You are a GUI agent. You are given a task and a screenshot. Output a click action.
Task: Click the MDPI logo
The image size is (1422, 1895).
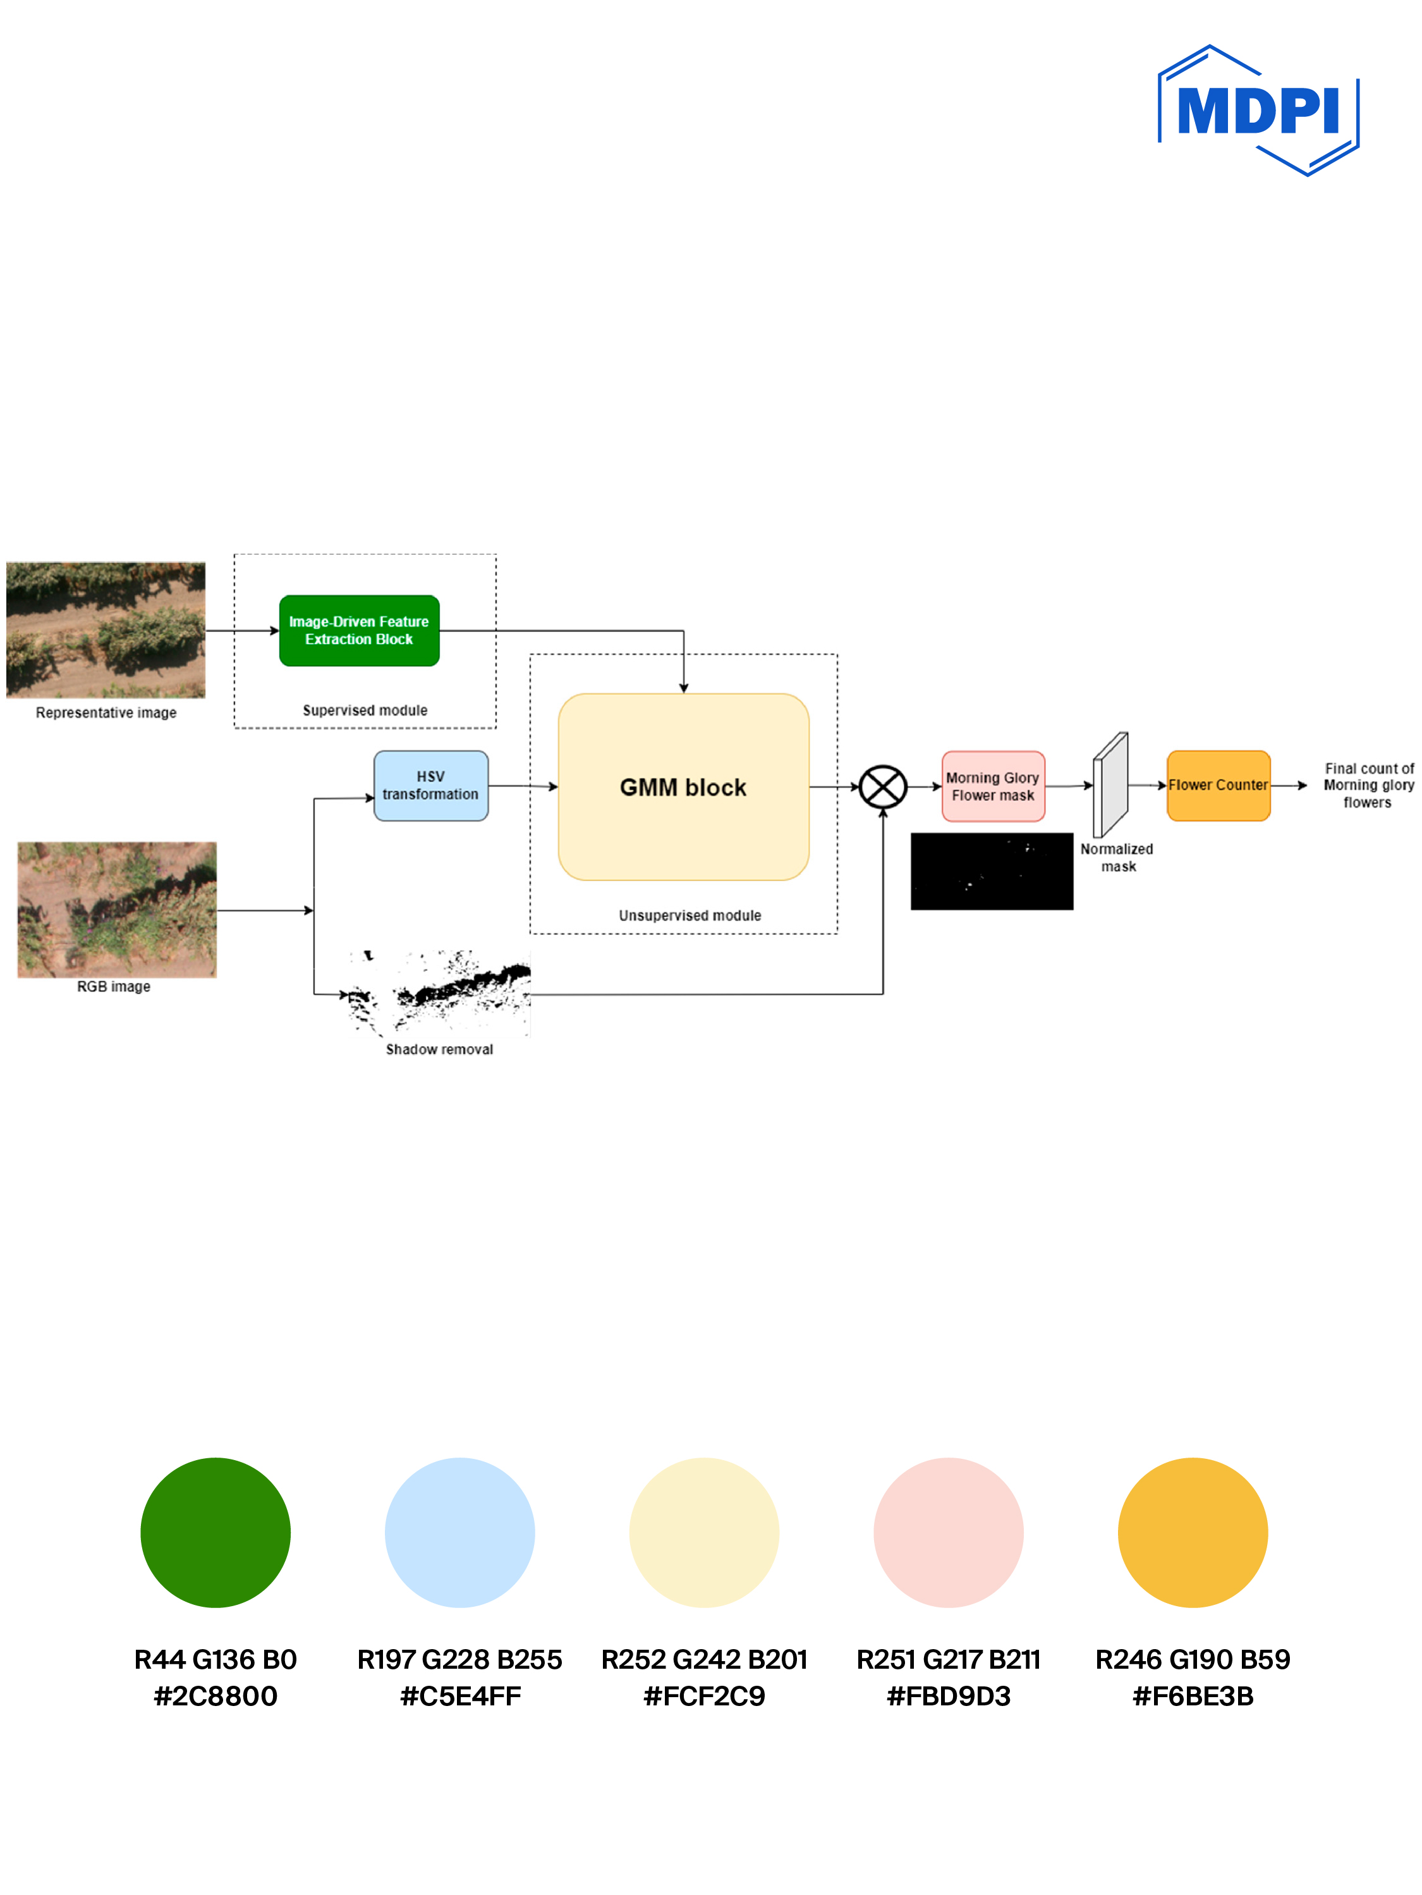point(1258,111)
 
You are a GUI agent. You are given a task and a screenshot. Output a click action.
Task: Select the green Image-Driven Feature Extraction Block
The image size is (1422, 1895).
point(359,631)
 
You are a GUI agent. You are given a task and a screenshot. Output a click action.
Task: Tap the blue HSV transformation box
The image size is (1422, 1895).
point(431,786)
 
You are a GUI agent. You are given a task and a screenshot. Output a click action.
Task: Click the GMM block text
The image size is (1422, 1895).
point(683,788)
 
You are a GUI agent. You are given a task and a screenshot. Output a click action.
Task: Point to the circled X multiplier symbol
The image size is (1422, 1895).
point(882,786)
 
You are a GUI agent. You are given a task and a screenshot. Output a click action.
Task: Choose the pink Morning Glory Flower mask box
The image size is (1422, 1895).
point(993,786)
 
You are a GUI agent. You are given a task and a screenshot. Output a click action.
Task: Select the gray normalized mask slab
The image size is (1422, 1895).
point(1111,784)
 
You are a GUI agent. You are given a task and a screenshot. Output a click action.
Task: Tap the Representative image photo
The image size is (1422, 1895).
point(106,630)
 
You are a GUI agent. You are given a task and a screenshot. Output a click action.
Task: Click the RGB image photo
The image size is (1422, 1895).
point(118,909)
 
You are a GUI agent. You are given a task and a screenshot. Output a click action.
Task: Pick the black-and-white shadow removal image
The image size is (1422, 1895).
point(439,994)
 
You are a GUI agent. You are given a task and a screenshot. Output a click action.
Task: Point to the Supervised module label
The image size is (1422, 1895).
point(365,710)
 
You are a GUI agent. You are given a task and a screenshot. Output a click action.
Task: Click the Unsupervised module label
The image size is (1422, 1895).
point(690,915)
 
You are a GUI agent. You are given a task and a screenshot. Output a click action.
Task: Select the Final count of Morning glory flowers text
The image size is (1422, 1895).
point(1368,786)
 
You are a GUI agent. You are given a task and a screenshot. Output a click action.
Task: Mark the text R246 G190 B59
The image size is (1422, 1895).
point(1193,1659)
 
